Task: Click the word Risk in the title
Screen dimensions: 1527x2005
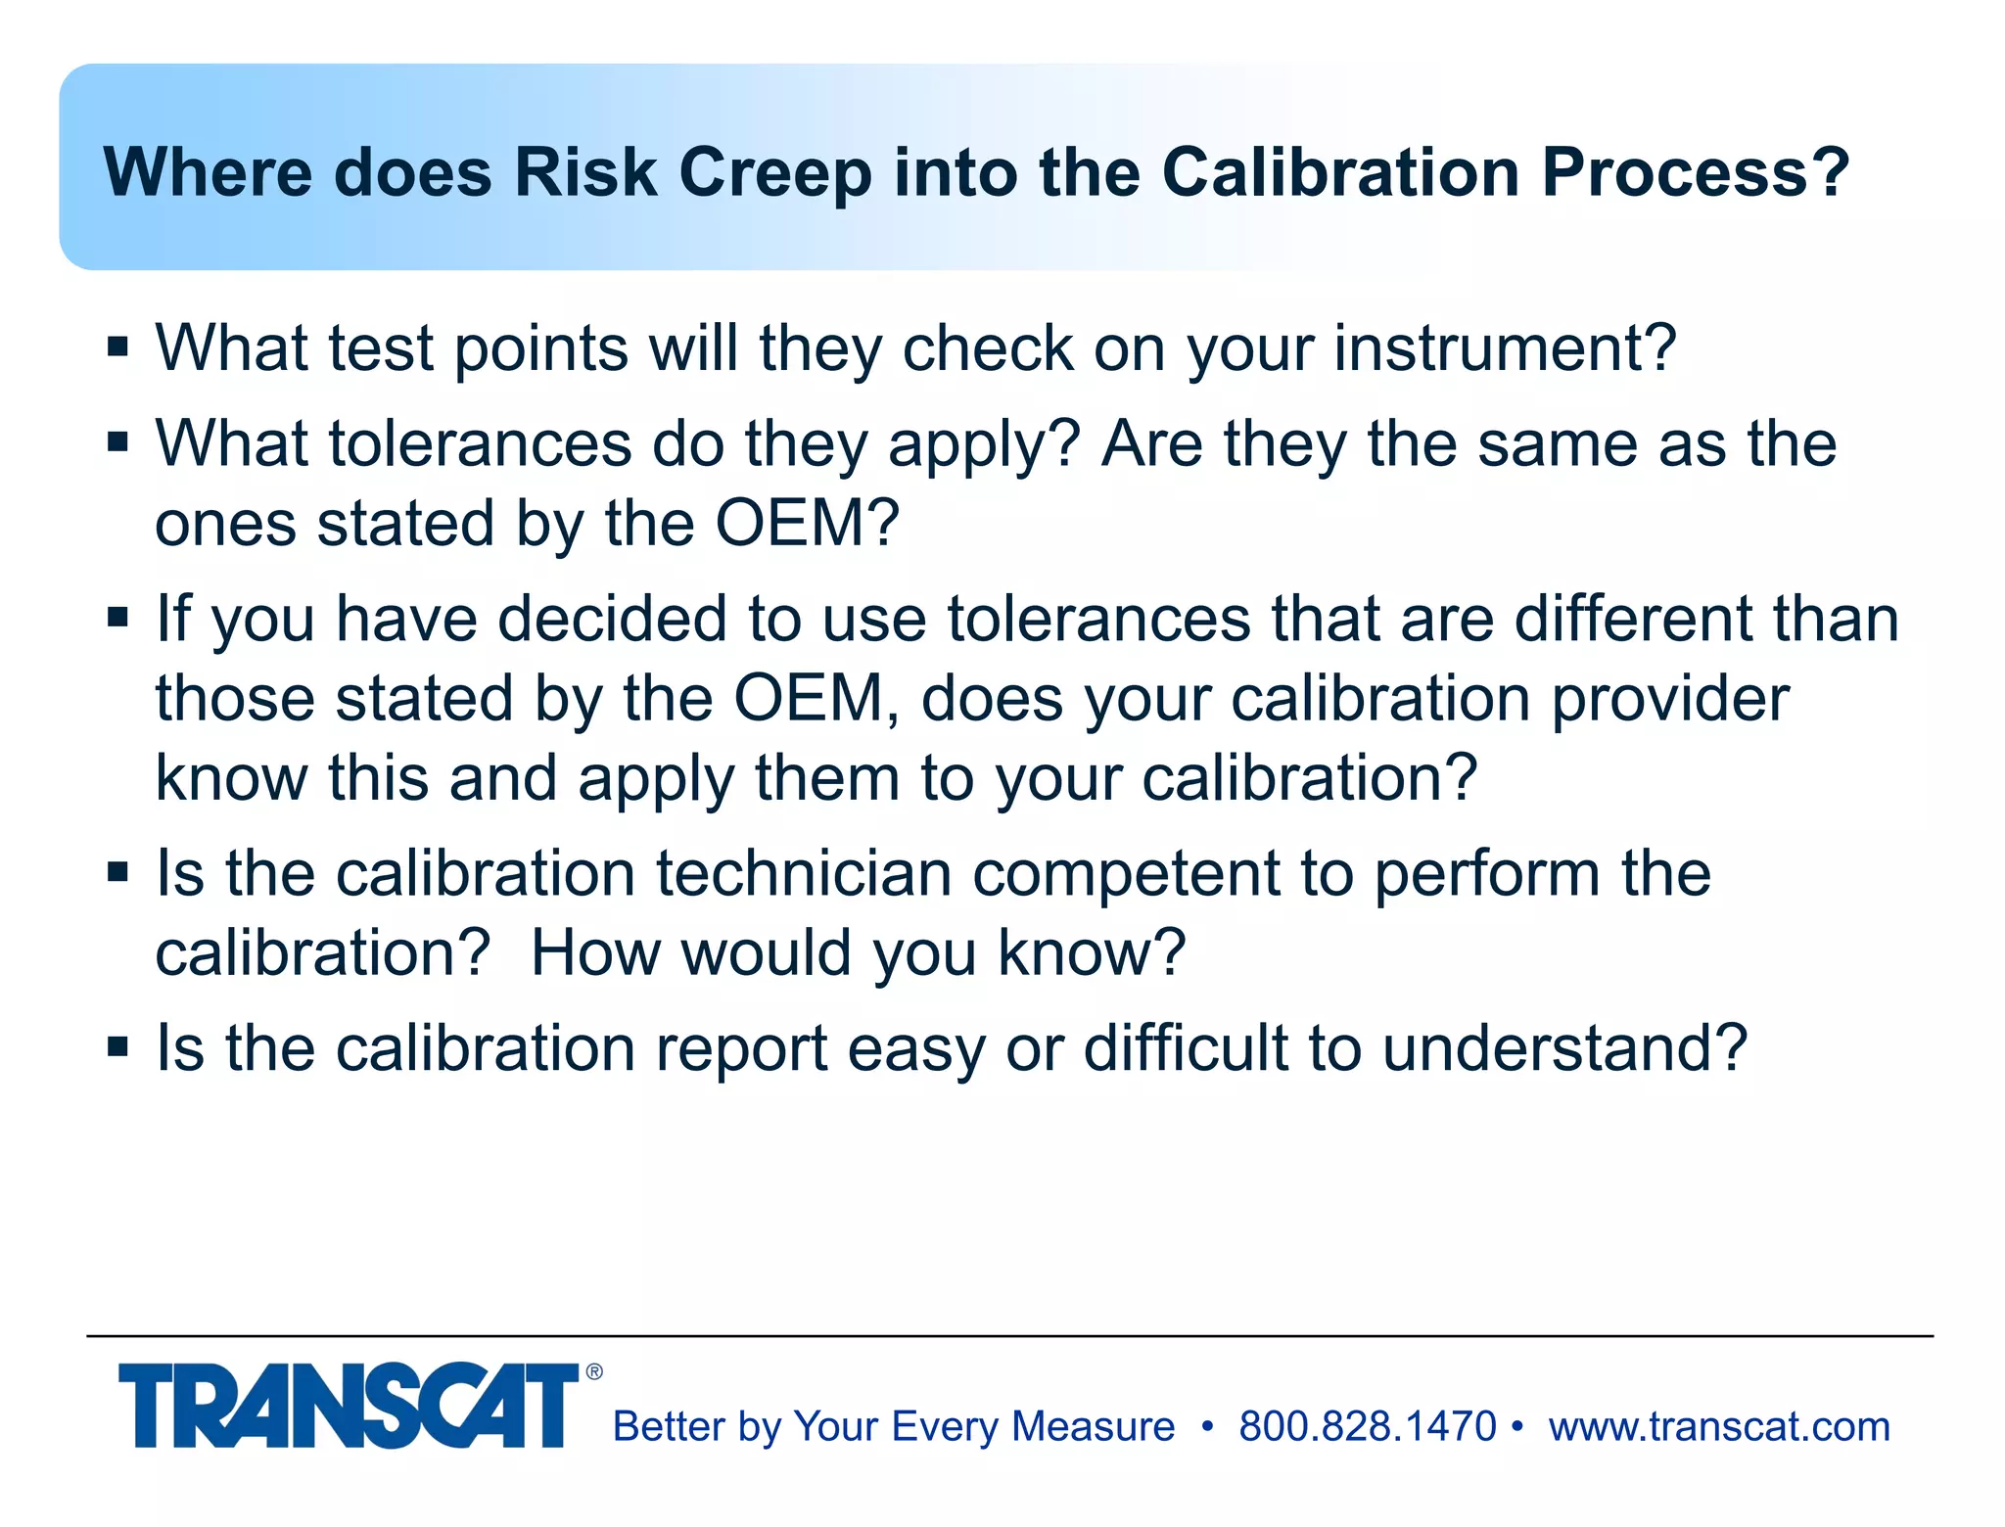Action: coord(584,172)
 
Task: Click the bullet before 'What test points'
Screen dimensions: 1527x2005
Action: coord(118,347)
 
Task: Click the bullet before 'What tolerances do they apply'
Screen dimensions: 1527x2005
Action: coord(118,442)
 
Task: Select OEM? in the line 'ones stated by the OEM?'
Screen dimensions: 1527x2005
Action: coord(807,523)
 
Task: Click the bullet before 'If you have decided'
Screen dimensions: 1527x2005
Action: coord(118,618)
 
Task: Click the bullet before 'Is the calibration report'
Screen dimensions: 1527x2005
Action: coord(118,1047)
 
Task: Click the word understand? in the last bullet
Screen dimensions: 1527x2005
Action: coord(1564,1047)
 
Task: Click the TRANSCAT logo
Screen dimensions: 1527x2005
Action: coord(348,1406)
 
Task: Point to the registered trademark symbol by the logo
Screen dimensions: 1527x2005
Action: coord(594,1372)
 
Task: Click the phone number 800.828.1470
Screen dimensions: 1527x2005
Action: coord(1367,1426)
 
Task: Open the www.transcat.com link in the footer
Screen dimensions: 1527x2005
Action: coord(1719,1426)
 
